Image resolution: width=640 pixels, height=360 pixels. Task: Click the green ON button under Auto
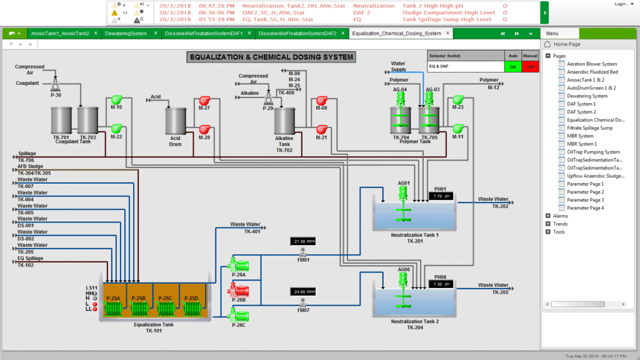513,66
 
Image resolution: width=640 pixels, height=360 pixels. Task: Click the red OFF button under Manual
531,66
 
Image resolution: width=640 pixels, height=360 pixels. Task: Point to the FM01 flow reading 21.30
304,241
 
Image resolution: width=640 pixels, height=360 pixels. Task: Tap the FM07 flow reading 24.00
304,291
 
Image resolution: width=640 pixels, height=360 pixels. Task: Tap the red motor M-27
204,100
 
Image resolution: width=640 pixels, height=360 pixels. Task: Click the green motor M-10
116,100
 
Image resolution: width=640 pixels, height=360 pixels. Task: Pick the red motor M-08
321,101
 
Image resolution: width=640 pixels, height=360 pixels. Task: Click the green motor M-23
458,100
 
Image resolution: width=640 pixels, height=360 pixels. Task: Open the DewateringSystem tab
126,33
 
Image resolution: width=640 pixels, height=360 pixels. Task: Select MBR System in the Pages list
580,136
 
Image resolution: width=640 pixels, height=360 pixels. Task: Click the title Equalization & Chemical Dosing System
271,57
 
